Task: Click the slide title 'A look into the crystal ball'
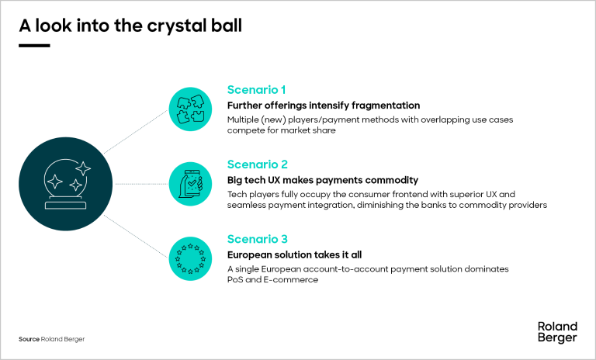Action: point(130,25)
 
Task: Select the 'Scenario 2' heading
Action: point(257,164)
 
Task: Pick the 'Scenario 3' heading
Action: point(257,240)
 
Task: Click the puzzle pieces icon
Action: point(191,109)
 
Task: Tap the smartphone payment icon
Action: point(191,184)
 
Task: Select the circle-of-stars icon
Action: point(191,259)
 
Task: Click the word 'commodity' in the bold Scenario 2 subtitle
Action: point(393,180)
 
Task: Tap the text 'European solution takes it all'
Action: point(295,255)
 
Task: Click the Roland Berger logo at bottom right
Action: point(557,331)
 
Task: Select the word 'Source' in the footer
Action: point(29,340)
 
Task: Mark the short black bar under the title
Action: point(34,46)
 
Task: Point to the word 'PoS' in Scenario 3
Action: point(235,281)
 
